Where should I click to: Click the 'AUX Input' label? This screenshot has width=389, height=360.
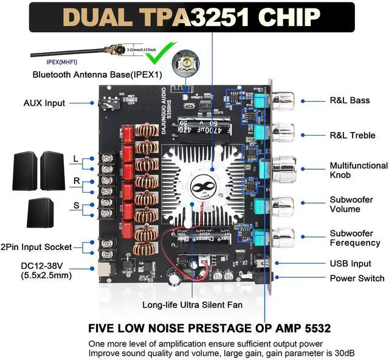pos(44,103)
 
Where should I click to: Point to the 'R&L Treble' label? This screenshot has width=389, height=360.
pos(353,135)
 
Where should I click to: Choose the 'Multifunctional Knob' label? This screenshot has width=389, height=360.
pos(358,170)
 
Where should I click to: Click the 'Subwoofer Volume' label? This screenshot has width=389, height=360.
pos(351,204)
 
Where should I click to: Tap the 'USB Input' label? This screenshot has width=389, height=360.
pos(350,264)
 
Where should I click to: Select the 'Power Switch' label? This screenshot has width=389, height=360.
pos(355,278)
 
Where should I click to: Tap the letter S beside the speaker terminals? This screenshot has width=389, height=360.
pos(77,206)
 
